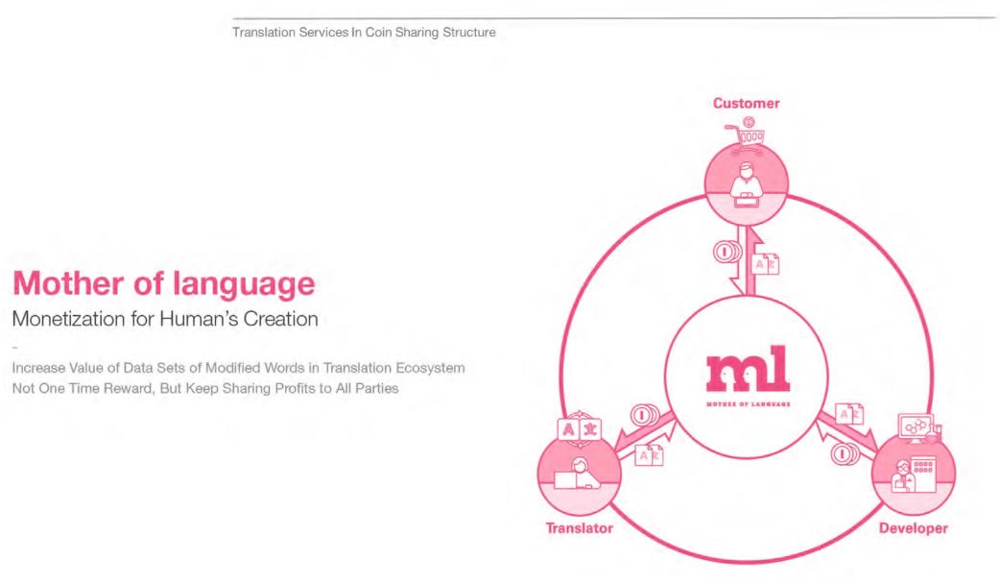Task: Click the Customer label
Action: (747, 104)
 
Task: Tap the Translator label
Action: (579, 528)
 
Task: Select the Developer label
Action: (914, 528)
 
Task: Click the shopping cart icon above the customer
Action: (746, 136)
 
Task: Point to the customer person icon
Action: (747, 184)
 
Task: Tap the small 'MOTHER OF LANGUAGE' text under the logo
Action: (749, 404)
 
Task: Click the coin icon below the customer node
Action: (726, 253)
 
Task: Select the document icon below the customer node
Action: (765, 264)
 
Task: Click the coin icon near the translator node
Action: (644, 416)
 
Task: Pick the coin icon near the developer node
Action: (845, 454)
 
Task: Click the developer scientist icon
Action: (903, 475)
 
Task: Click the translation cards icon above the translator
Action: (579, 429)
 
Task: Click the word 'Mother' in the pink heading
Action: (68, 283)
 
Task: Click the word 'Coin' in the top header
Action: (378, 32)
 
